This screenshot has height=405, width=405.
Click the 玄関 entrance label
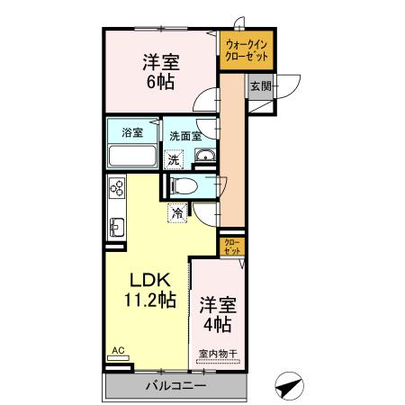click(260, 85)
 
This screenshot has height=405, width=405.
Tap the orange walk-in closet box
click(247, 51)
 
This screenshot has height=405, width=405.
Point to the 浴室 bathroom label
click(132, 133)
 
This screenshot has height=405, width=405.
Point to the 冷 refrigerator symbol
click(177, 213)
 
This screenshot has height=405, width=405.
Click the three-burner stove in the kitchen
click(116, 188)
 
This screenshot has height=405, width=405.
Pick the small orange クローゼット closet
click(231, 247)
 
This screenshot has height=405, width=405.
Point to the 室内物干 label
click(217, 354)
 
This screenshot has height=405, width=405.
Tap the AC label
click(118, 351)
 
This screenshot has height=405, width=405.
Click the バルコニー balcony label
click(176, 386)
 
